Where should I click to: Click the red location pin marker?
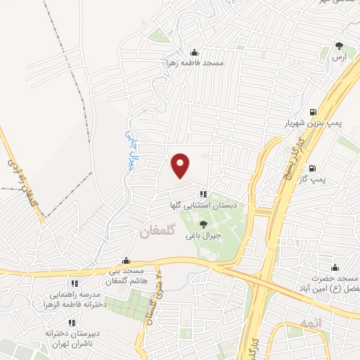tap(181, 165)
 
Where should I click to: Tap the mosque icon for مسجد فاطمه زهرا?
tap(195, 52)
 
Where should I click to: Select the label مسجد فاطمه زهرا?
tap(195, 63)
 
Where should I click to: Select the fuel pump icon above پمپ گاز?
tap(312, 169)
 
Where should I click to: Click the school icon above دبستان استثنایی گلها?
tap(202, 194)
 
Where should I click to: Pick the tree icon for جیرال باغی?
tap(203, 224)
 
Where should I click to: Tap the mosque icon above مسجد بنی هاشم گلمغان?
tap(126, 260)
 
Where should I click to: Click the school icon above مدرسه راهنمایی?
tap(74, 283)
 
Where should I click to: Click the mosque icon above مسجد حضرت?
tap(335, 267)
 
